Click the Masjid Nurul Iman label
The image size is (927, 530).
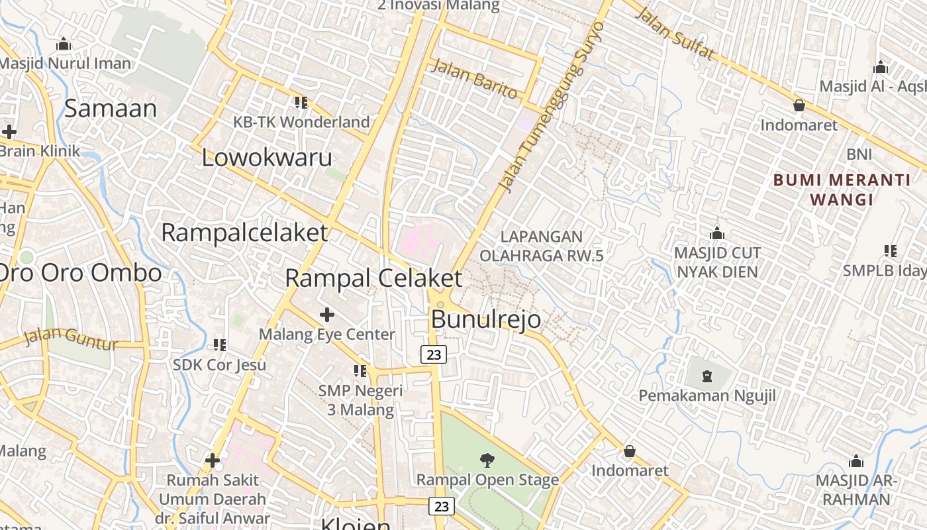tap(66, 64)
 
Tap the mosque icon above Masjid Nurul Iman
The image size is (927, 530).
tap(64, 44)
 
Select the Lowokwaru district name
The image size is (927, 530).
tap(267, 158)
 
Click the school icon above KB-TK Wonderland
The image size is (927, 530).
tap(301, 103)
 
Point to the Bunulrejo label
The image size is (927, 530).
tap(485, 319)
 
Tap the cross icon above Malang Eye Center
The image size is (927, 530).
tap(326, 314)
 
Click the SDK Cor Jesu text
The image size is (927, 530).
tap(219, 364)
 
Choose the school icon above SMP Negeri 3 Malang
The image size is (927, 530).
tap(360, 371)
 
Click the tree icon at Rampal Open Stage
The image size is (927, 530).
tap(487, 460)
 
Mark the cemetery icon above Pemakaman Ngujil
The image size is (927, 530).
tap(707, 377)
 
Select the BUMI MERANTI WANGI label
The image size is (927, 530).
tap(842, 189)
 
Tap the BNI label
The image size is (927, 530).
tap(859, 154)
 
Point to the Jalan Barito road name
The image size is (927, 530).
tap(475, 79)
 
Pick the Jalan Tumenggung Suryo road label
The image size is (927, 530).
tap(553, 106)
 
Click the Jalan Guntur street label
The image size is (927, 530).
tap(71, 339)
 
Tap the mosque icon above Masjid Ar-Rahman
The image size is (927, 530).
tap(856, 462)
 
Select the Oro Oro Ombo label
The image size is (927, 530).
tap(79, 272)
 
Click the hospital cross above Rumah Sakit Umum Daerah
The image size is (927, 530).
tap(213, 460)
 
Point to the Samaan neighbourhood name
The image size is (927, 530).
tap(111, 108)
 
